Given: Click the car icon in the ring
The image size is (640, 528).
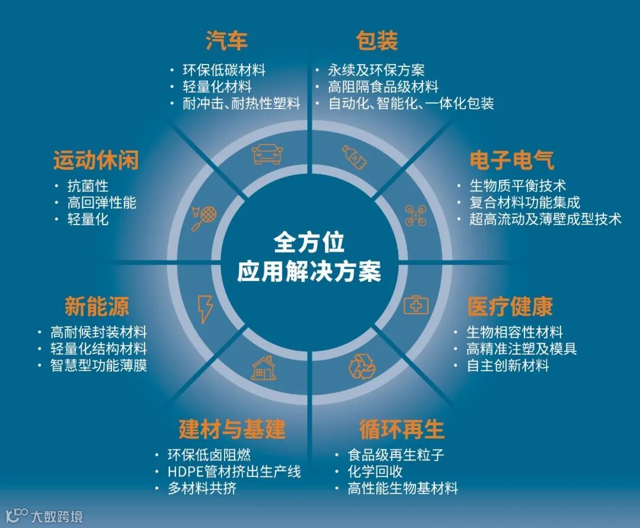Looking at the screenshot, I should point(267,154).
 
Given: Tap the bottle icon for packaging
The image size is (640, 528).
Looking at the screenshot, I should point(354,157).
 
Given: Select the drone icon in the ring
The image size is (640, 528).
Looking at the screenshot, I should point(415,215).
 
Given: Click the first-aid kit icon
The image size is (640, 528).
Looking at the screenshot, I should point(416,305).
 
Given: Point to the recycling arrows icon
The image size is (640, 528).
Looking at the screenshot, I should point(361,366).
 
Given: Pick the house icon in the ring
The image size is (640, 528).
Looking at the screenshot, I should point(264,368).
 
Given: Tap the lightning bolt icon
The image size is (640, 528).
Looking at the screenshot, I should point(205,309).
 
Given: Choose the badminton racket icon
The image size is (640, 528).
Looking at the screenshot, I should point(204,218).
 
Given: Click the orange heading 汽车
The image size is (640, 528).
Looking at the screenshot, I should point(226,41).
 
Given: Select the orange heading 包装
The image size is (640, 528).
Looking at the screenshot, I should point(377,41).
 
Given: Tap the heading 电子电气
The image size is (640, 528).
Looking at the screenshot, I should point(512,160).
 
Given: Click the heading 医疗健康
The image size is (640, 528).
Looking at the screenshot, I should point(510,306).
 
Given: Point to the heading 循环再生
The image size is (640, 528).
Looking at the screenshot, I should point(402,428).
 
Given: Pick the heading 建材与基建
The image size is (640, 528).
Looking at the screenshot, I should point(232,428).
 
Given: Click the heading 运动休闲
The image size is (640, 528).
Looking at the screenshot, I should point(96,160).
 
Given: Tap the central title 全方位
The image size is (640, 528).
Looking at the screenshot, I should point(309,242).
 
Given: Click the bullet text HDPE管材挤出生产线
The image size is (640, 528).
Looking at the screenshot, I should point(234,472).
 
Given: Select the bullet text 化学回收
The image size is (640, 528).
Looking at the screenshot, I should point(375,472).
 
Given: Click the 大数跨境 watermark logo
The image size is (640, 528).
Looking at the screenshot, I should point(44,516).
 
